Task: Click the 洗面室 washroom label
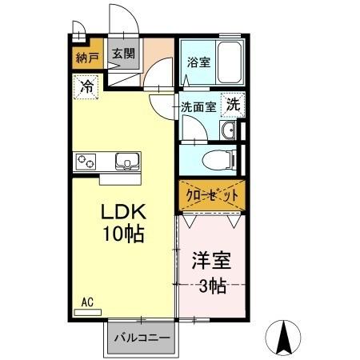click(x=197, y=106)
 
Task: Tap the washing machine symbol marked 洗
click(x=232, y=103)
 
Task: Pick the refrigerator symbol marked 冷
click(x=86, y=85)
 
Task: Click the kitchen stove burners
click(x=86, y=162)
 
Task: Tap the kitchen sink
click(x=127, y=162)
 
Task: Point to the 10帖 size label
click(x=122, y=236)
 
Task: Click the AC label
click(x=88, y=302)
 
